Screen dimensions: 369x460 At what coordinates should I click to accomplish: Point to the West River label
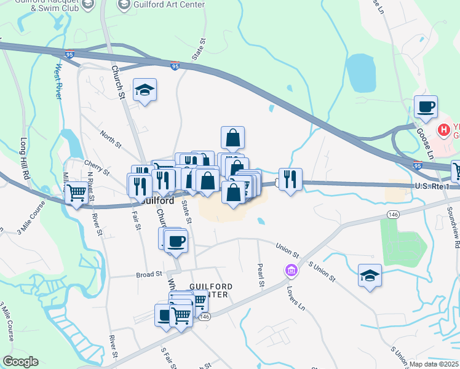(59, 82)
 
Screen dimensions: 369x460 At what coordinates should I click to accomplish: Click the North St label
(111, 140)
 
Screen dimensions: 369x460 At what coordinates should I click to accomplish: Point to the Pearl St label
(260, 276)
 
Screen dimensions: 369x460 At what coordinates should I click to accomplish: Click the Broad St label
(149, 274)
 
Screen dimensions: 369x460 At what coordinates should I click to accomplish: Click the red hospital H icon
(443, 130)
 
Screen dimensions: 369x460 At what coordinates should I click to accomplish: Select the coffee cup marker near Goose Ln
(426, 107)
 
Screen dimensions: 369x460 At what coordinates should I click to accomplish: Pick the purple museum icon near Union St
(290, 270)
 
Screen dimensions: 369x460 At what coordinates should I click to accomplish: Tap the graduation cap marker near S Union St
(370, 276)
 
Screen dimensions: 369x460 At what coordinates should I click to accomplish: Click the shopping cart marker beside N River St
(76, 193)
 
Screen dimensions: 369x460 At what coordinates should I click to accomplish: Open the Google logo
(20, 362)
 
